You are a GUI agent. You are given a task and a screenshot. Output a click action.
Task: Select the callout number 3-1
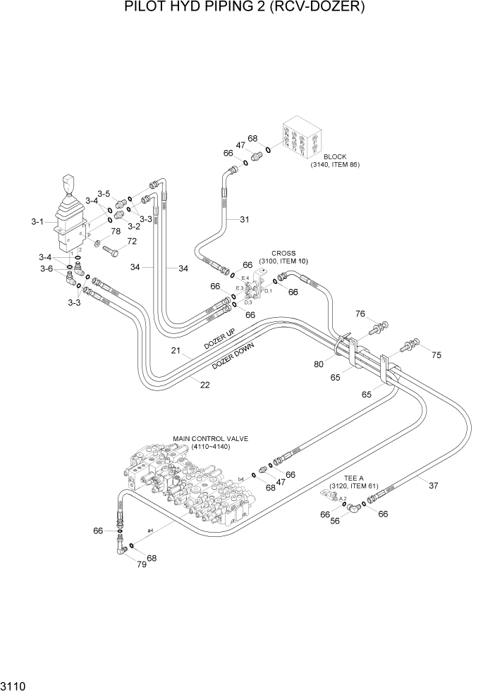point(38,222)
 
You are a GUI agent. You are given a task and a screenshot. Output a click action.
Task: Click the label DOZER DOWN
point(233,357)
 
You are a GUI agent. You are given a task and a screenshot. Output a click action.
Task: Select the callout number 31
point(244,219)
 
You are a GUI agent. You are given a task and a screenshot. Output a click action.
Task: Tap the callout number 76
point(360,314)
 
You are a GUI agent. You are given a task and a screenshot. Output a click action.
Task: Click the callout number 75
point(436,355)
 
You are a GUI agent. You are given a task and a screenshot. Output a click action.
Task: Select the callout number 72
point(131,242)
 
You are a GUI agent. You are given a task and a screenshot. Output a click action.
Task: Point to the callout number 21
point(176,350)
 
